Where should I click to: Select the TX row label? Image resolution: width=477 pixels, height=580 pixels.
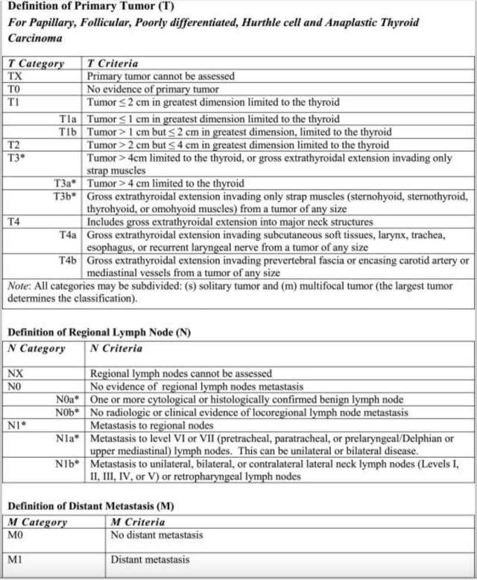(x=15, y=76)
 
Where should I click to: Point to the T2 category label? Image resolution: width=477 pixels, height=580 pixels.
(x=14, y=145)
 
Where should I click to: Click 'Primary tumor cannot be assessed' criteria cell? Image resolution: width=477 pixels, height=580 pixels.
(x=161, y=76)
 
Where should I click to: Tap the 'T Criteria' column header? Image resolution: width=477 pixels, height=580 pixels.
(x=112, y=63)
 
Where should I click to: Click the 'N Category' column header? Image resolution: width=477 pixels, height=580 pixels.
(x=37, y=348)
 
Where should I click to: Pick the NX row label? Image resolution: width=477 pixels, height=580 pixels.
(x=16, y=373)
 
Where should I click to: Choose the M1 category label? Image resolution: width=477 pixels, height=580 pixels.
(x=16, y=560)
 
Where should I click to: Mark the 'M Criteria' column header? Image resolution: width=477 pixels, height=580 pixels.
(x=138, y=523)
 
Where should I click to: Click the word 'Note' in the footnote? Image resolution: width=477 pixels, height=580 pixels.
(x=18, y=285)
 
